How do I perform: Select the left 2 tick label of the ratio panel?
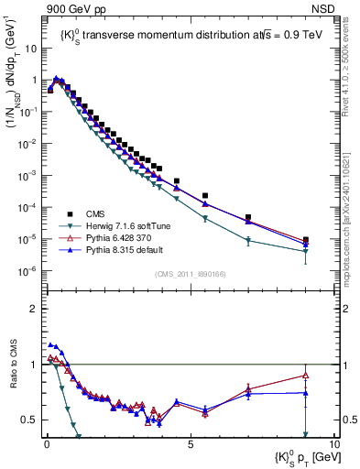pos(37,309)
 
